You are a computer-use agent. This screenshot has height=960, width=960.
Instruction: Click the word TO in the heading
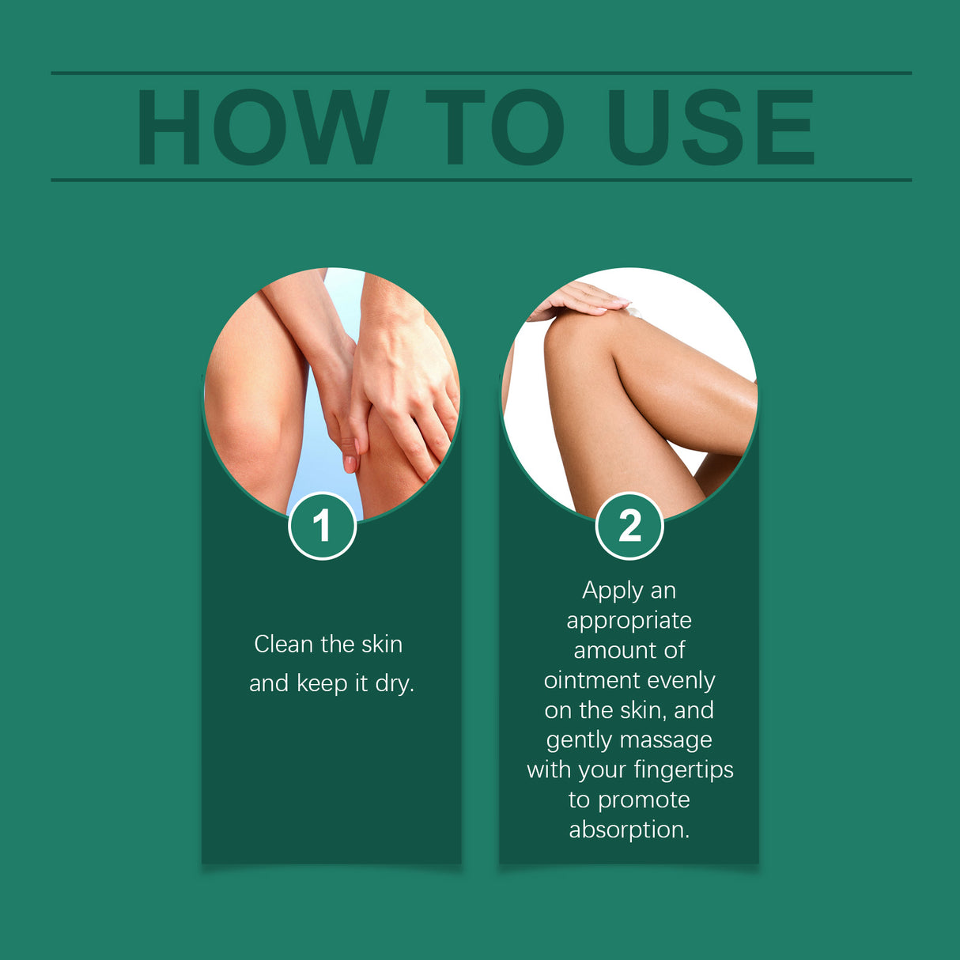[495, 127]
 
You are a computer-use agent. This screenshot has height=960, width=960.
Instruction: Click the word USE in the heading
[710, 127]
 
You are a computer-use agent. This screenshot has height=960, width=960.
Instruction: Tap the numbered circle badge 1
[322, 526]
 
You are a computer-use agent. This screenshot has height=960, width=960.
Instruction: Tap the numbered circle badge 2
[629, 526]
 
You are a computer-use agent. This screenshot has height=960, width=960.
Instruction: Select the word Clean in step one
[283, 644]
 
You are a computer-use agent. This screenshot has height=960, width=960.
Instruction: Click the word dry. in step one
[395, 683]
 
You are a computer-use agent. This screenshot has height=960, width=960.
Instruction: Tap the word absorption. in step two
[629, 830]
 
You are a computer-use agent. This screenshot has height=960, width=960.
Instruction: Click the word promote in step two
[644, 800]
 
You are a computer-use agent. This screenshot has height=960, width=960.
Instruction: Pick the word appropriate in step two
[629, 622]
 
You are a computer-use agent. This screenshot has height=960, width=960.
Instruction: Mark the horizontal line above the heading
[481, 74]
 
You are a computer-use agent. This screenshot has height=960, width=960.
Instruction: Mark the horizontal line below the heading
[481, 180]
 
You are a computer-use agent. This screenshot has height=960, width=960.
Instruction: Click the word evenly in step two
[681, 680]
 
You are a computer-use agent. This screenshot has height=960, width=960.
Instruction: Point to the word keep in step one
[322, 683]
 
